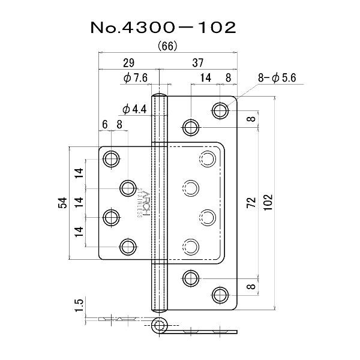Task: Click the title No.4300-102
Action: tap(163, 28)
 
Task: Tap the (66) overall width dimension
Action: tap(167, 47)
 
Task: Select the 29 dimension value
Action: tap(128, 63)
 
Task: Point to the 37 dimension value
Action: tap(198, 62)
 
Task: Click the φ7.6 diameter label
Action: tap(136, 78)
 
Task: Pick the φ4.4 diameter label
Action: tap(134, 109)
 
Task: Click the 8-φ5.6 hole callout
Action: tap(277, 78)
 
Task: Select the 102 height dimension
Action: tap(268, 202)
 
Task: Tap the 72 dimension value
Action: tap(251, 202)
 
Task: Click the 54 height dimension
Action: tap(62, 203)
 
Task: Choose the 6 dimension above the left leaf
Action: tap(104, 125)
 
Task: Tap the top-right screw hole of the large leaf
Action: tap(220, 110)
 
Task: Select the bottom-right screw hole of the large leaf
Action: tap(220, 295)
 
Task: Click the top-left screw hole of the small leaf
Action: tap(112, 159)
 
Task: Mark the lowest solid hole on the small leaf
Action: tap(128, 247)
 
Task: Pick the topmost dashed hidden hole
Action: tap(208, 159)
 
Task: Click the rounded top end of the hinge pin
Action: tap(160, 95)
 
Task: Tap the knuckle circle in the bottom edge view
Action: tap(159, 325)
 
